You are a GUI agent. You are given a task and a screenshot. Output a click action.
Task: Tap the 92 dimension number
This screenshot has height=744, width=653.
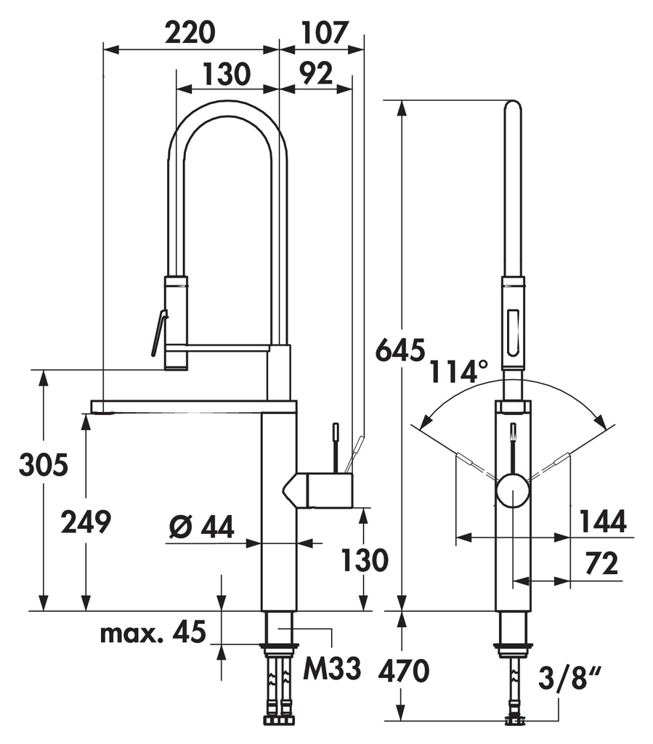(x=315, y=73)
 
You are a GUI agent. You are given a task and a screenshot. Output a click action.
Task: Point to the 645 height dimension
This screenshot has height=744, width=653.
(x=399, y=351)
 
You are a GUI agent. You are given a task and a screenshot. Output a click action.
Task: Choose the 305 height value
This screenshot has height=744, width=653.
(x=44, y=465)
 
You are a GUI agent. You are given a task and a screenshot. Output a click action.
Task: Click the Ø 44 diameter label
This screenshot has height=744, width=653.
(x=200, y=528)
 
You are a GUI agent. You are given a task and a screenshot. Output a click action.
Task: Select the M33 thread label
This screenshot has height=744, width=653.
(x=332, y=669)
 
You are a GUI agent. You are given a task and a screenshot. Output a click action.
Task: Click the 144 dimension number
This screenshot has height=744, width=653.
(x=602, y=521)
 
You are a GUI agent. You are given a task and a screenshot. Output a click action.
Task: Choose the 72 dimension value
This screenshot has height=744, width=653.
(x=601, y=563)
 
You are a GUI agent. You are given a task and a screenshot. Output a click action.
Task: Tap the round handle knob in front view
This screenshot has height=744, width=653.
(x=513, y=491)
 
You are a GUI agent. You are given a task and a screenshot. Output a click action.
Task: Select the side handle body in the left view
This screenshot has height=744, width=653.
(x=320, y=489)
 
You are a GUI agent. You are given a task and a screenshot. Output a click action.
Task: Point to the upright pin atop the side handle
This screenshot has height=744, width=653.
(x=336, y=447)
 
